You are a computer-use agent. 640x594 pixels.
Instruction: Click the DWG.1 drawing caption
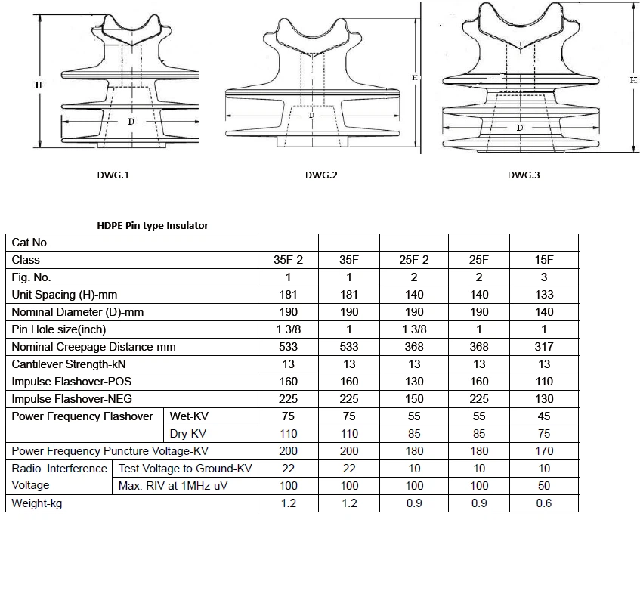click(114, 175)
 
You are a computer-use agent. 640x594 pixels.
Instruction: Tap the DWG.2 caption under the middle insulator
click(321, 175)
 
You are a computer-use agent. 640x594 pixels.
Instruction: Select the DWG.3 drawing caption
click(524, 175)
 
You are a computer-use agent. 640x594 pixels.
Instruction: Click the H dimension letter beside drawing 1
click(39, 85)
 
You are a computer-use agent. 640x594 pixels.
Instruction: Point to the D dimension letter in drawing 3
click(519, 128)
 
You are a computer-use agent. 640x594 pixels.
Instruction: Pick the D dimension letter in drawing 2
click(311, 115)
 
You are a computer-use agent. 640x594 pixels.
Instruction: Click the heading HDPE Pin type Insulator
click(152, 225)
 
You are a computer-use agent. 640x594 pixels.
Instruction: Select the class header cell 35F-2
click(288, 260)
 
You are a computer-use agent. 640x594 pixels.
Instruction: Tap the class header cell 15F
click(543, 260)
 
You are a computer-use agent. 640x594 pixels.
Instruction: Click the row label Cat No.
click(31, 243)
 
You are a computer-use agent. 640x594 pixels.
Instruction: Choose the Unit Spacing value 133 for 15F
click(543, 295)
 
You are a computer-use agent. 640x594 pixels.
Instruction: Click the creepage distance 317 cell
click(543, 347)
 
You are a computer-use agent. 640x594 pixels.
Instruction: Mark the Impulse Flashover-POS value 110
click(543, 382)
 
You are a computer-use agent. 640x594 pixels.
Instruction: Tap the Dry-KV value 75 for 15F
click(543, 434)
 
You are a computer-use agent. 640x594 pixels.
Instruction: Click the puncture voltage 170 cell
click(543, 451)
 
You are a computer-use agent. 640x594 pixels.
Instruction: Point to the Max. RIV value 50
click(543, 486)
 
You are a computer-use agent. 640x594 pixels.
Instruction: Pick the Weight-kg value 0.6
click(543, 503)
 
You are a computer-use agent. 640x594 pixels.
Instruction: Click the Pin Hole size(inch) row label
click(59, 329)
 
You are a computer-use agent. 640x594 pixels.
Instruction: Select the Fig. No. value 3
click(543, 277)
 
